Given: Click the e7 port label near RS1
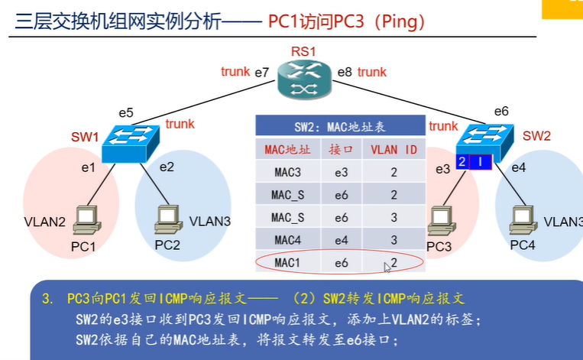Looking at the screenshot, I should click(x=261, y=73).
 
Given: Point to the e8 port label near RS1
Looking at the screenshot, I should click(x=345, y=73).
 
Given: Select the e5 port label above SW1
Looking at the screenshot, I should click(x=125, y=113).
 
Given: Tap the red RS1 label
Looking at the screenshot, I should click(x=303, y=52).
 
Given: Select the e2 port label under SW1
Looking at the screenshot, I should click(x=167, y=165).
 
